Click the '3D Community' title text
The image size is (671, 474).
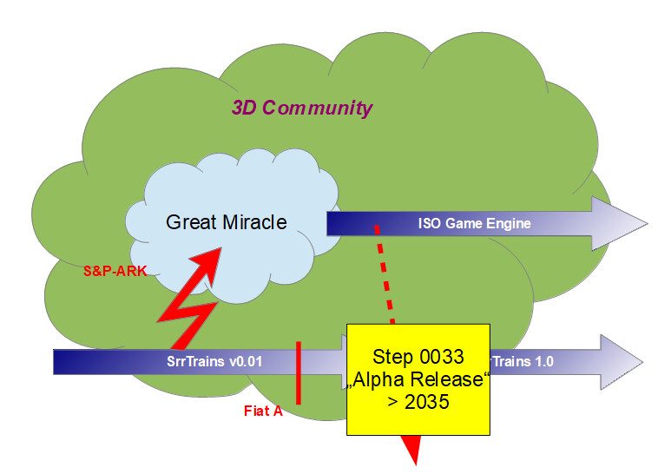click(301, 109)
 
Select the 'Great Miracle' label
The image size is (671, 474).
click(226, 222)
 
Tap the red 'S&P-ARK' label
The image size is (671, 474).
click(109, 270)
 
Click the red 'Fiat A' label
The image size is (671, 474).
click(263, 411)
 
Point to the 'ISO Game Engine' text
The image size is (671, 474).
click(474, 224)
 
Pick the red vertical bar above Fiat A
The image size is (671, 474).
click(298, 372)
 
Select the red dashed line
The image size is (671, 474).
click(385, 273)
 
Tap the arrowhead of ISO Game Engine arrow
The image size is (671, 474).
click(617, 222)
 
